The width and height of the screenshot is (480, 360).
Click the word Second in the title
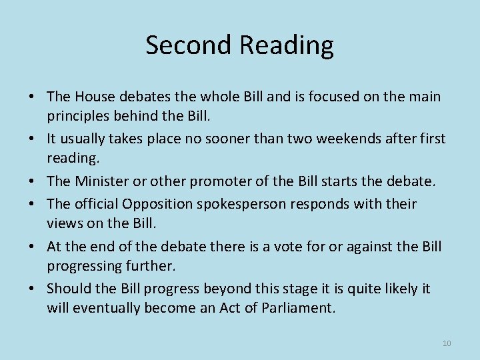click(x=188, y=45)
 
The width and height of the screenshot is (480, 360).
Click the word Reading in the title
click(x=286, y=45)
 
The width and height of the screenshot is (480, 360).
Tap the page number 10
click(x=447, y=343)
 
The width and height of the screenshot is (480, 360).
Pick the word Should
click(x=69, y=289)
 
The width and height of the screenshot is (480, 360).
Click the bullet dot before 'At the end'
click(x=33, y=246)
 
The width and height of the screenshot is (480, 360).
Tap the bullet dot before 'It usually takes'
click(x=33, y=139)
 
